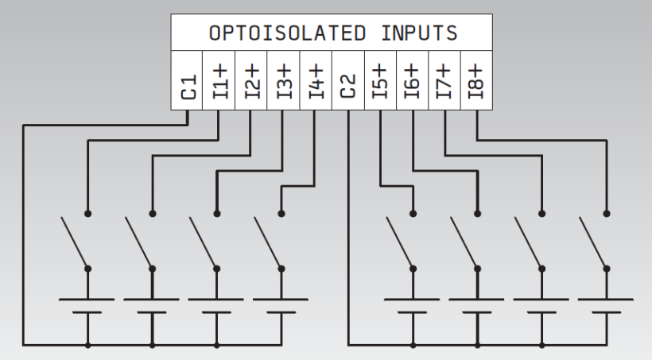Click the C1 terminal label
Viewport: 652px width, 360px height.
click(x=188, y=81)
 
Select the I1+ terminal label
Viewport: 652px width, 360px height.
click(x=219, y=81)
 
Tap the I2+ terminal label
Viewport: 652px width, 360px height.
click(x=251, y=81)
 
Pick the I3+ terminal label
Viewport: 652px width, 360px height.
click(x=284, y=81)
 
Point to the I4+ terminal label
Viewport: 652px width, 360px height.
click(x=316, y=81)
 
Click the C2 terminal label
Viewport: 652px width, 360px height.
click(x=348, y=81)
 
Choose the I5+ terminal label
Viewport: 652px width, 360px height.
click(x=380, y=81)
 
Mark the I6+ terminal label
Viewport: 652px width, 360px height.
click(x=412, y=81)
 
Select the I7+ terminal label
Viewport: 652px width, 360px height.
click(x=444, y=81)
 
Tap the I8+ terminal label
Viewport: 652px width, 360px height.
click(x=476, y=81)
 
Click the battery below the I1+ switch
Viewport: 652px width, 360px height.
click(x=87, y=306)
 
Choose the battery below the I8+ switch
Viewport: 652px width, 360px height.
click(x=606, y=306)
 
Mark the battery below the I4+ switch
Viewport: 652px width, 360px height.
click(x=281, y=306)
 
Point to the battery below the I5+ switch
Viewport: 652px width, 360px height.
click(x=412, y=306)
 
